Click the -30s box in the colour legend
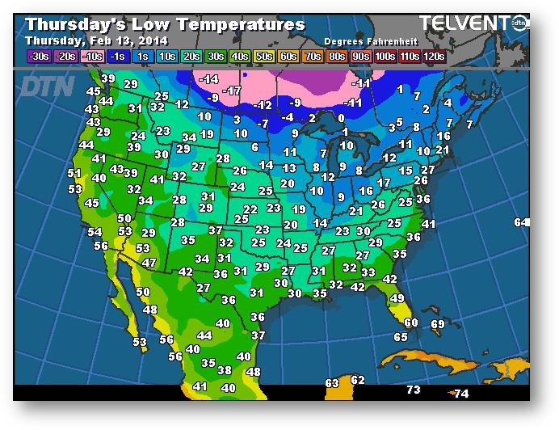[38, 57]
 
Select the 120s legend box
[434, 57]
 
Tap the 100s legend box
[385, 57]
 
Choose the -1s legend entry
[117, 57]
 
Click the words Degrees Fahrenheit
[368, 40]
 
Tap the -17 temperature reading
[234, 91]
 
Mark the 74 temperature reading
[461, 394]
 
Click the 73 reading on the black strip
[414, 390]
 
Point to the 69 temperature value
[438, 324]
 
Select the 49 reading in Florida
[397, 299]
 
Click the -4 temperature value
[288, 117]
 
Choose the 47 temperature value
[149, 263]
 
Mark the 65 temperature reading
[401, 336]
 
